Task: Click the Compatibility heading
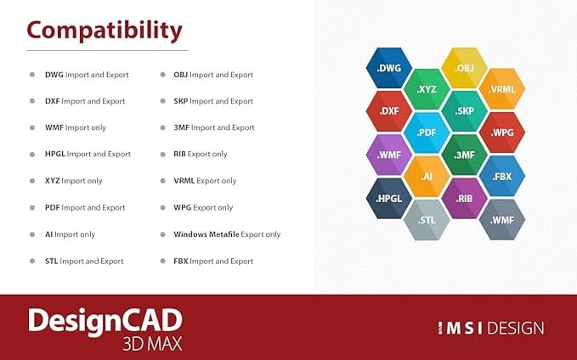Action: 105,31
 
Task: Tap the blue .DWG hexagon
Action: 389,68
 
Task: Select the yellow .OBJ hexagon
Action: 464,68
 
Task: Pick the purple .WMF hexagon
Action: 389,155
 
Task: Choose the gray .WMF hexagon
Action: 502,220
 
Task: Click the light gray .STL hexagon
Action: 427,220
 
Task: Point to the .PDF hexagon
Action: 427,132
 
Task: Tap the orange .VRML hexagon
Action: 502,89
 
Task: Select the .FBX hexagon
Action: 502,176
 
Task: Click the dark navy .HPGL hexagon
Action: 389,199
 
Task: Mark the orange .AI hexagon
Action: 427,176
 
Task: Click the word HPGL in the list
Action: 55,154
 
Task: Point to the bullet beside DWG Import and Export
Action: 32,75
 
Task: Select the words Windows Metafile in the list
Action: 206,234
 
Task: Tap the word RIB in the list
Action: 179,154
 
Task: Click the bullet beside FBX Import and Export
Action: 162,261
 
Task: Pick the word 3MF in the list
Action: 181,127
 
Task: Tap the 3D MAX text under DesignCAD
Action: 152,344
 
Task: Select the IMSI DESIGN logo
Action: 491,328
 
